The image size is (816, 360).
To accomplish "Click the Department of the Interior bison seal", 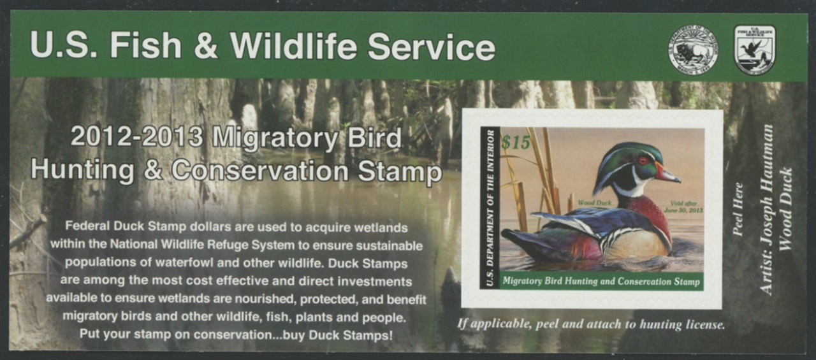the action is coord(693,50).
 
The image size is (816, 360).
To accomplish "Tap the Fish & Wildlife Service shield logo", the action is coord(754,50).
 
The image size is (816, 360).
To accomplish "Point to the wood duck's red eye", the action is coord(643,161).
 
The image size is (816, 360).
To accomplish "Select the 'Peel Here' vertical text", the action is coord(737,209).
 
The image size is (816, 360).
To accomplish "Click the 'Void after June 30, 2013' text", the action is coord(683,206).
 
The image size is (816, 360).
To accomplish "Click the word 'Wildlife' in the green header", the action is coord(293,46).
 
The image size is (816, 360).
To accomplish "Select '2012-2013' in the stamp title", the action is coord(136,137).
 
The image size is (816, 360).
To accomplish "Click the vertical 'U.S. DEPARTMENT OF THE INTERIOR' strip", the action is coord(490,208).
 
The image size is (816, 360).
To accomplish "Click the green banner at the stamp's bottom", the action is coord(601,281).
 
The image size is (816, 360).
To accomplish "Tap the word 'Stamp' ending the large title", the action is coord(400,172).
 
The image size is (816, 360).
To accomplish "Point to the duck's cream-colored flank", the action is coord(637,245).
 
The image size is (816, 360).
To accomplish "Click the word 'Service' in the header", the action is coord(432,47).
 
